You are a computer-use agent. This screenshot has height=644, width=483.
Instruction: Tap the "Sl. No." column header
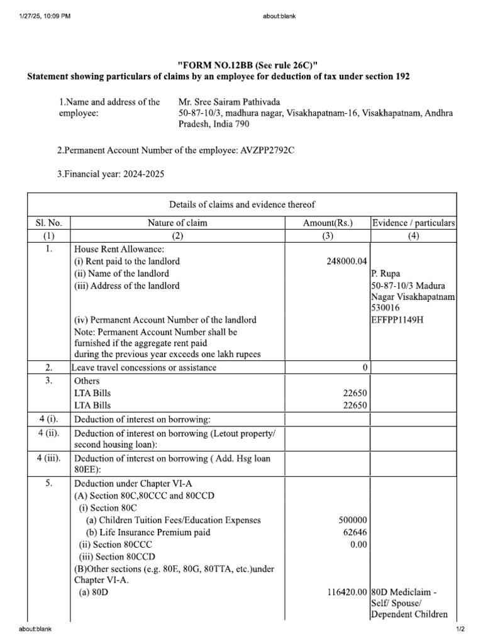pos(49,223)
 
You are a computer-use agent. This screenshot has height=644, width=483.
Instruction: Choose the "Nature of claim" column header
pos(177,223)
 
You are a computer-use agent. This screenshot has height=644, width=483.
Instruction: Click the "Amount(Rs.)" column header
pos(328,223)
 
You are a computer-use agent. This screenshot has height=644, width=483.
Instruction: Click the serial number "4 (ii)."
pos(49,433)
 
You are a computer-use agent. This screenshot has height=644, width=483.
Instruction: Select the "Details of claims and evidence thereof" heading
pos(242,204)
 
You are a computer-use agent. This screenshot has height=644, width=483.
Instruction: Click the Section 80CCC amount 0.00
pos(358,545)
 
